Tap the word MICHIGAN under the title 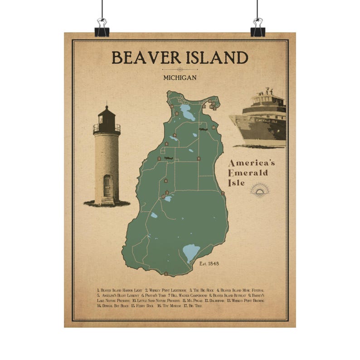pyautogui.click(x=180, y=78)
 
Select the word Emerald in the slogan pyautogui.click(x=248, y=173)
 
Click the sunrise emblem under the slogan pyautogui.click(x=260, y=190)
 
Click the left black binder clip pyautogui.click(x=102, y=29)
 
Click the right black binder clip pyautogui.click(x=258, y=29)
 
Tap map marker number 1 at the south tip pyautogui.click(x=166, y=273)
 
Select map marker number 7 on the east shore pyautogui.click(x=223, y=193)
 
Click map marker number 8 pyautogui.click(x=199, y=158)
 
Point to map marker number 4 pyautogui.click(x=166, y=180)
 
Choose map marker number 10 pyautogui.click(x=213, y=127)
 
